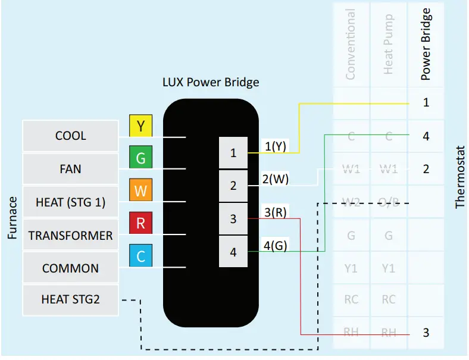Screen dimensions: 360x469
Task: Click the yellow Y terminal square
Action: [141, 126]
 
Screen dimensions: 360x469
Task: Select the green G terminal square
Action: [141, 158]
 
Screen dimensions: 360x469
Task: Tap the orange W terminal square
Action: [141, 191]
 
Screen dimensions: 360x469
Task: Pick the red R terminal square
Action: [141, 224]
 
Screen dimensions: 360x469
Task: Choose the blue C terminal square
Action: [141, 256]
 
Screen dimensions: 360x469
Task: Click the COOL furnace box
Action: [70, 136]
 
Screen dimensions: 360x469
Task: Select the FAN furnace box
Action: [70, 169]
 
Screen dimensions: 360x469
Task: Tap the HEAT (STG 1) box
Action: [70, 202]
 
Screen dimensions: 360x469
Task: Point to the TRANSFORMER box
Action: [70, 235]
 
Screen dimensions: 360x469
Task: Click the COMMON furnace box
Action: [70, 268]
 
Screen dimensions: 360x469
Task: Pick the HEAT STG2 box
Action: [70, 299]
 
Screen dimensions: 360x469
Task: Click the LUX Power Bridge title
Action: [211, 82]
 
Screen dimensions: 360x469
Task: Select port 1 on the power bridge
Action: [233, 153]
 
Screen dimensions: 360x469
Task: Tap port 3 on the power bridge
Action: [233, 219]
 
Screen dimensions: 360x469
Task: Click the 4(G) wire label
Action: [276, 245]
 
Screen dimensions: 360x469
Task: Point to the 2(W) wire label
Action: [276, 179]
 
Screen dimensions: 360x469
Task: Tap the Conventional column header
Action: [351, 44]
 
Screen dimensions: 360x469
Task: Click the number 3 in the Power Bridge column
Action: [426, 333]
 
